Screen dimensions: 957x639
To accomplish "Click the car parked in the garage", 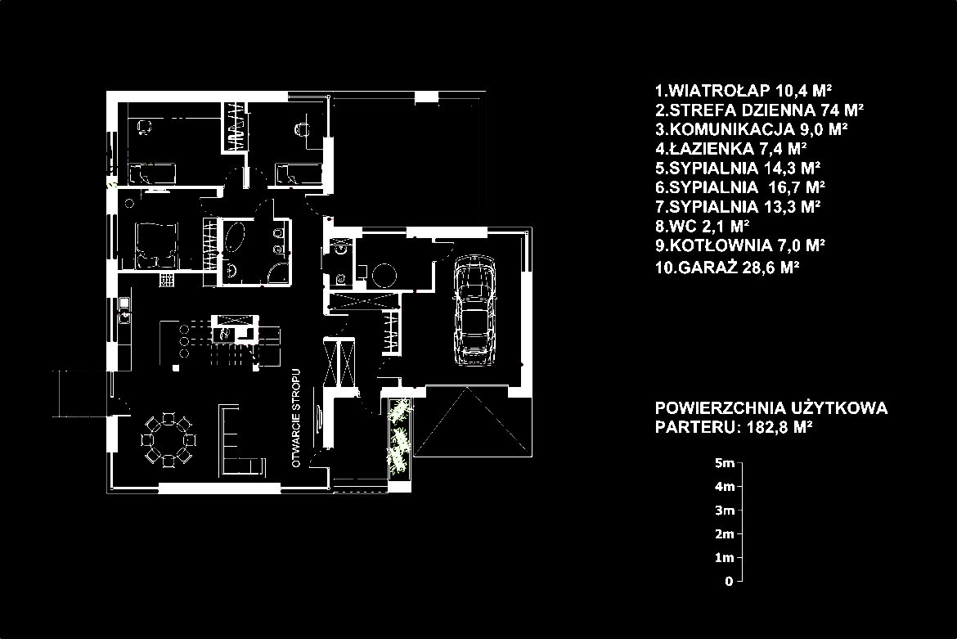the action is point(475,311).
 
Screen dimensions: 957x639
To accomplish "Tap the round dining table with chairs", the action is point(168,439).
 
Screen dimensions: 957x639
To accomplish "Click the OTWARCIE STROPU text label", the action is point(297,418).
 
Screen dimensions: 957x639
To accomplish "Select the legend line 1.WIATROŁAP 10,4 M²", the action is point(744,91).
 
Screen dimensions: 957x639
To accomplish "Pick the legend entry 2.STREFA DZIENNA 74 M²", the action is point(759,110).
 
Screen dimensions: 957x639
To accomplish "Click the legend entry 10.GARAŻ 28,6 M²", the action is point(727,267).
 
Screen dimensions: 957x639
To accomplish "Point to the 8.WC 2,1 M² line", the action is point(703,227).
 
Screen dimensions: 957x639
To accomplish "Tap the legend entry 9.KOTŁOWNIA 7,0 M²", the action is point(740,246).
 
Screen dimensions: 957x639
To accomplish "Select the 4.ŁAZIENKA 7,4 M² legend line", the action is point(731,148).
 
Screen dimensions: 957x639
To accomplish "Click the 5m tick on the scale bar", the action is point(740,462).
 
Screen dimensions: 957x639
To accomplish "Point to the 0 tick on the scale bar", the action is point(740,581).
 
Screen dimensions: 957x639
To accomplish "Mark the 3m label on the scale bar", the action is point(725,511).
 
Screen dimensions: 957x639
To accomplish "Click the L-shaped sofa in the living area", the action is point(240,441).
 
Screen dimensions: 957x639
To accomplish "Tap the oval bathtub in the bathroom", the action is point(236,236).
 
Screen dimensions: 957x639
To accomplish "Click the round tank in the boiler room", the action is point(384,275).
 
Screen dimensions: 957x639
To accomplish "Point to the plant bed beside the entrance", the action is point(399,436).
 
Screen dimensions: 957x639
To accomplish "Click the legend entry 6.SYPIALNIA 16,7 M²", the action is point(740,187).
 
